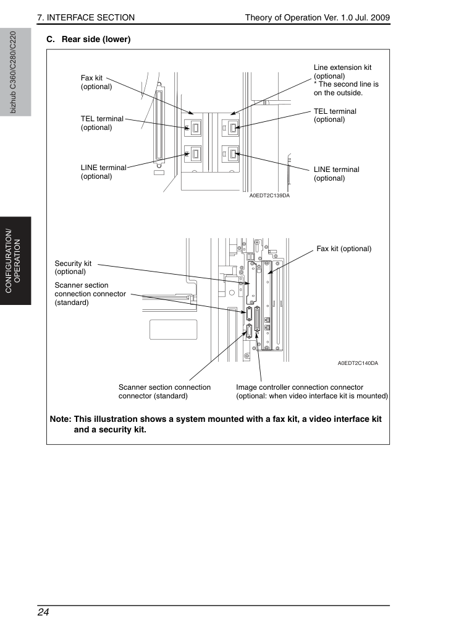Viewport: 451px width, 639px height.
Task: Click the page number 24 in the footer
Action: point(43,612)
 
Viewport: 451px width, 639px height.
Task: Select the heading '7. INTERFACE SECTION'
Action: point(86,17)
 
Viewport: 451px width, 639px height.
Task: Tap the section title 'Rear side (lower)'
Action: point(96,39)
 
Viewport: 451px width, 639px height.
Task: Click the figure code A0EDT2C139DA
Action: point(269,195)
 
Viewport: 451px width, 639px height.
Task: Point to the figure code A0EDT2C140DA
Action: point(358,363)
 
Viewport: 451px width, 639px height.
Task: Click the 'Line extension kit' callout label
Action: point(342,67)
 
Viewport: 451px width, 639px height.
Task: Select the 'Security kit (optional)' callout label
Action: point(74,267)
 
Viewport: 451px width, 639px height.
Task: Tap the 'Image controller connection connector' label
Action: point(300,387)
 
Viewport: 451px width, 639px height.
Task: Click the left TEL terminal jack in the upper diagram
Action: point(193,127)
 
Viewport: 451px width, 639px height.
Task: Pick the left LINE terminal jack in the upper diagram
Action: point(193,153)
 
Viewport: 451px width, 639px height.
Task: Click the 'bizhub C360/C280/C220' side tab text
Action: point(13,72)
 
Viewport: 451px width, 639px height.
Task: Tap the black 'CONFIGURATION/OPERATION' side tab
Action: point(15,261)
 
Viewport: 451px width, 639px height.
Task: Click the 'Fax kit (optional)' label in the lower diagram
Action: point(344,249)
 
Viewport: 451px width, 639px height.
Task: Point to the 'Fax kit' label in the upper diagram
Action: point(96,82)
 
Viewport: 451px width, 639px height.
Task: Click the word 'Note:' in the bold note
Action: point(61,419)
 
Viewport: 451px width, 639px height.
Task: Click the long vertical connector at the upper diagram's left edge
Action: point(159,126)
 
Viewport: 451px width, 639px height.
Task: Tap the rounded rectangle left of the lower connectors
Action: point(174,330)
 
